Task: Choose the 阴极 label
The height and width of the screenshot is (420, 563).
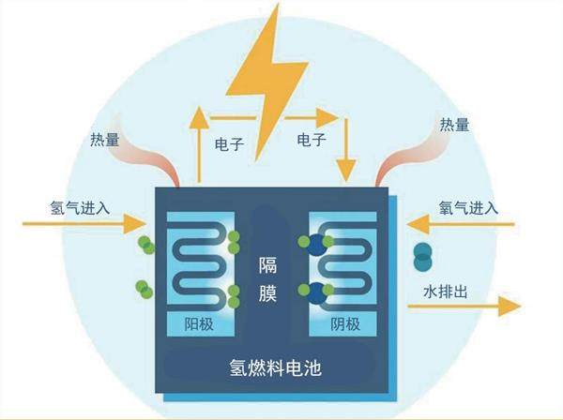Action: coord(345,324)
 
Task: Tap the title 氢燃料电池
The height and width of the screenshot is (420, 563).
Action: coord(275,367)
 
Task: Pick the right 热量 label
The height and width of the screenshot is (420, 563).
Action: coord(454,125)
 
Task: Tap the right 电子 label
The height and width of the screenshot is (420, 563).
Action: coord(312,139)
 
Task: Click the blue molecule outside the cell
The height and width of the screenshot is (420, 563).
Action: coord(424,254)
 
